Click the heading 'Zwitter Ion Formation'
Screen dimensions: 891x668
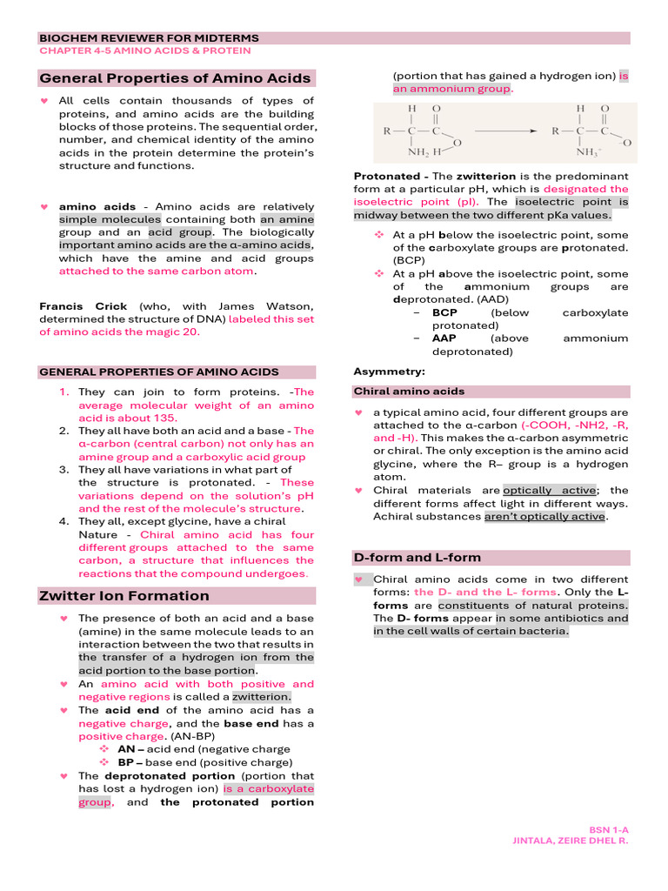click(x=124, y=596)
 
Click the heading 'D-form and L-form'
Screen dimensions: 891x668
click(x=417, y=557)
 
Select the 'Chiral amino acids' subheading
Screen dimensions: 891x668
click(x=409, y=392)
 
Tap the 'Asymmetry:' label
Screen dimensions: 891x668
click(x=383, y=372)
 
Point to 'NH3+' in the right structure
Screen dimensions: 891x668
click(x=591, y=153)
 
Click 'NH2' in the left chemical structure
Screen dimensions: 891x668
click(x=420, y=153)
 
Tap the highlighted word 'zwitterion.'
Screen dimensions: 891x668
click(x=262, y=697)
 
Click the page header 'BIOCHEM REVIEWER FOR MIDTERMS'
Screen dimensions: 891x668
click(x=149, y=38)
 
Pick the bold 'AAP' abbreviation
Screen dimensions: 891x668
click(x=444, y=338)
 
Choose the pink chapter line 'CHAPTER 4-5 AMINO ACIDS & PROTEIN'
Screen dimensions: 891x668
click(x=138, y=51)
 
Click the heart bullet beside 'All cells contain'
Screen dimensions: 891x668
click(x=45, y=101)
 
